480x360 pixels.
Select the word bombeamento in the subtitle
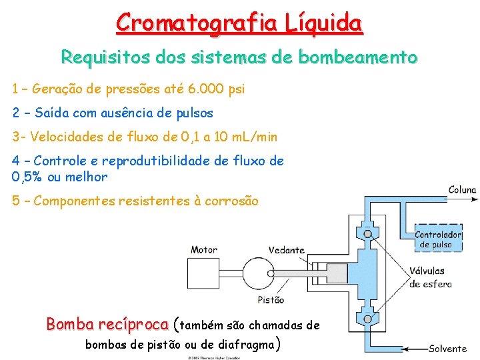tap(358, 57)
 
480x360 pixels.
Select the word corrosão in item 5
tap(231, 201)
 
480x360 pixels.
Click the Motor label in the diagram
tap(203, 250)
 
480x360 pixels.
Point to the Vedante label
tap(287, 251)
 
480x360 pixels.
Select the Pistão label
tap(271, 300)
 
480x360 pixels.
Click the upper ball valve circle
tap(367, 233)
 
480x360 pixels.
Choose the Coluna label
tap(462, 190)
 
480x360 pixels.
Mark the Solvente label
tap(448, 349)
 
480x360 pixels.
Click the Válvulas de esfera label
tap(431, 277)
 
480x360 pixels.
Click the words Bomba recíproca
tap(107, 325)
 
